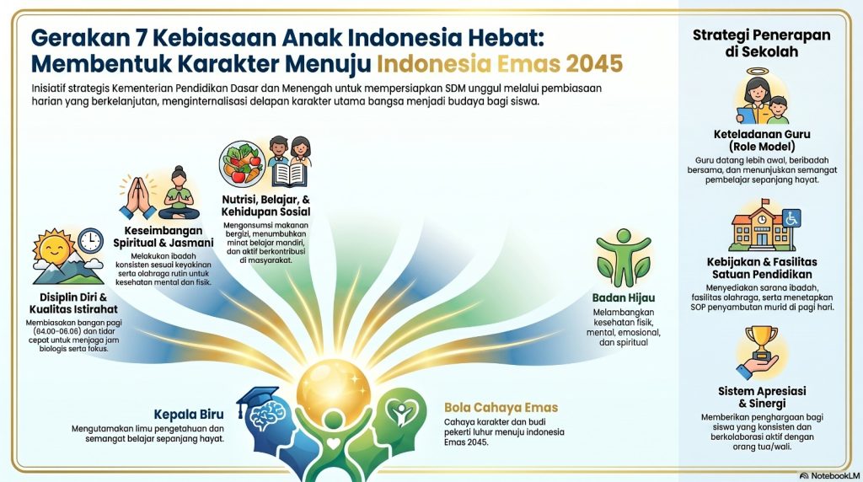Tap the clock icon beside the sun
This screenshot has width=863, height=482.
tap(90, 241)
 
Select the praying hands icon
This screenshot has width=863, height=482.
tap(137, 197)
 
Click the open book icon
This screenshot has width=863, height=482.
tap(289, 174)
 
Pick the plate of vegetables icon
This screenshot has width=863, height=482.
tap(242, 163)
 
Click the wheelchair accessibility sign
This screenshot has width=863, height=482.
tap(791, 218)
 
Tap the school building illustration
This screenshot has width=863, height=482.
tap(762, 227)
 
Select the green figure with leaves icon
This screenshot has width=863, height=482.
tap(624, 258)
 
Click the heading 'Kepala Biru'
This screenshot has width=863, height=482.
tap(189, 415)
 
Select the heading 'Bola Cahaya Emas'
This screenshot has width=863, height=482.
tap(501, 408)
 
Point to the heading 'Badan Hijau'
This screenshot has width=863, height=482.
tap(624, 297)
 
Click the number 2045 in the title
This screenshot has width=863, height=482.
tap(594, 64)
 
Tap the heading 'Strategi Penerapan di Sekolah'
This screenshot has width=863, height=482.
tap(761, 43)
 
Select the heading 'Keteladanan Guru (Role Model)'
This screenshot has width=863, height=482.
tap(762, 141)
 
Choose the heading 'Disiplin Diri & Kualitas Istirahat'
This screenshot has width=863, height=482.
tap(74, 303)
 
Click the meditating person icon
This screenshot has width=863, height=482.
tap(179, 193)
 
